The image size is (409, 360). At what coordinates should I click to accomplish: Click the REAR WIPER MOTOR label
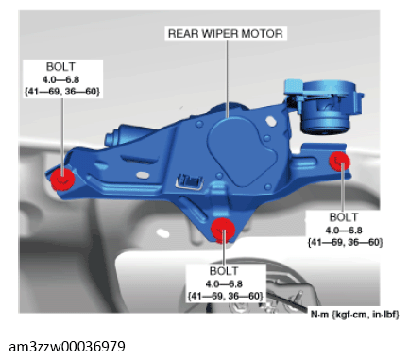click(226, 33)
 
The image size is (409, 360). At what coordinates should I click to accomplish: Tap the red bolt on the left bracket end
click(62, 180)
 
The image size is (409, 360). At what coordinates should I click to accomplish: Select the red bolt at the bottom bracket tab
click(223, 230)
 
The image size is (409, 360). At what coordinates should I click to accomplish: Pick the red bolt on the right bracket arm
click(339, 162)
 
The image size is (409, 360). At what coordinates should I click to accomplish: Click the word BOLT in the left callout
click(60, 67)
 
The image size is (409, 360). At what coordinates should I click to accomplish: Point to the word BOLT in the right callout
click(344, 217)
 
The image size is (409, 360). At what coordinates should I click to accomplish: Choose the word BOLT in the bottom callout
click(224, 271)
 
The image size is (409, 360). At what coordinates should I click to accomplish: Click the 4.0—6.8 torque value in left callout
click(60, 79)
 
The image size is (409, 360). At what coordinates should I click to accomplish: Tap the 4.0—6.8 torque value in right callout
click(344, 231)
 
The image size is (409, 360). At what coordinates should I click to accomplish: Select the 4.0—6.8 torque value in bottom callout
click(224, 284)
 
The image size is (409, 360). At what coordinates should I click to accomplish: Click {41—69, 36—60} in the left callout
click(62, 92)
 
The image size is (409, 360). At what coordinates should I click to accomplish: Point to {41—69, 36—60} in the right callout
click(345, 242)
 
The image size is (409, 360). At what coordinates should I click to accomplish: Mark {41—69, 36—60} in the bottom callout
click(225, 296)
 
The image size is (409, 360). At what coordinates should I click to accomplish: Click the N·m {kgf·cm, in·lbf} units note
click(355, 315)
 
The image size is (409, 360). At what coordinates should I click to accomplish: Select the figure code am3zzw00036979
click(67, 347)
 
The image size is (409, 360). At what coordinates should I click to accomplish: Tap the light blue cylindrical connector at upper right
click(324, 106)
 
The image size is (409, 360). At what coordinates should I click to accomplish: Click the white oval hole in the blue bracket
click(143, 175)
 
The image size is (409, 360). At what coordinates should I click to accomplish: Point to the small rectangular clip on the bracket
click(190, 181)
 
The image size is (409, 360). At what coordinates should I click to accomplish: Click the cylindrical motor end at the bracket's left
click(119, 135)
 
